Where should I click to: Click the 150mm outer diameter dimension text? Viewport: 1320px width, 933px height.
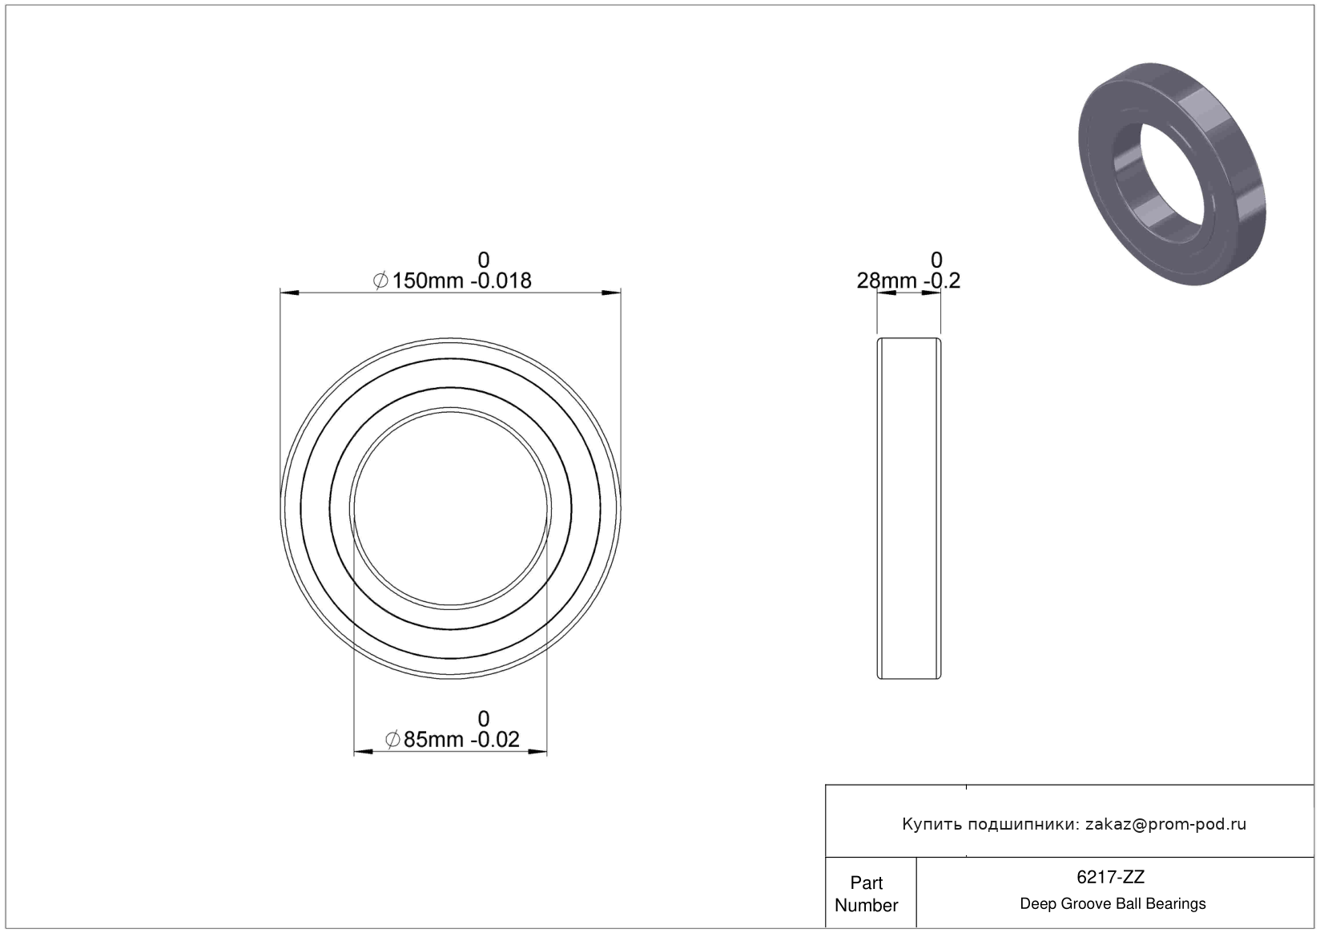pos(428,281)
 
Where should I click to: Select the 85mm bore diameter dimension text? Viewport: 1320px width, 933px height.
pos(433,740)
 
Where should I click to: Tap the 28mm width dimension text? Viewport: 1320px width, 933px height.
pos(887,281)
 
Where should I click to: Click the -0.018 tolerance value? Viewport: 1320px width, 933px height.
pos(501,281)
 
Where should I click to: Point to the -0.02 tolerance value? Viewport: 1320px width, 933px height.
pos(495,740)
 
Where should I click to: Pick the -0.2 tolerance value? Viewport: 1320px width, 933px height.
pos(942,281)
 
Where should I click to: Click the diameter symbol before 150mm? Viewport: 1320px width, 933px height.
pos(380,281)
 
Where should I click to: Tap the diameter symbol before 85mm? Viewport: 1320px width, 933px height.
pos(392,740)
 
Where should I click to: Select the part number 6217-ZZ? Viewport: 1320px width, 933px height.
pos(1110,878)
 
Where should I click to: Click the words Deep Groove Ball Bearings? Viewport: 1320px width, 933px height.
pos(1113,903)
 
